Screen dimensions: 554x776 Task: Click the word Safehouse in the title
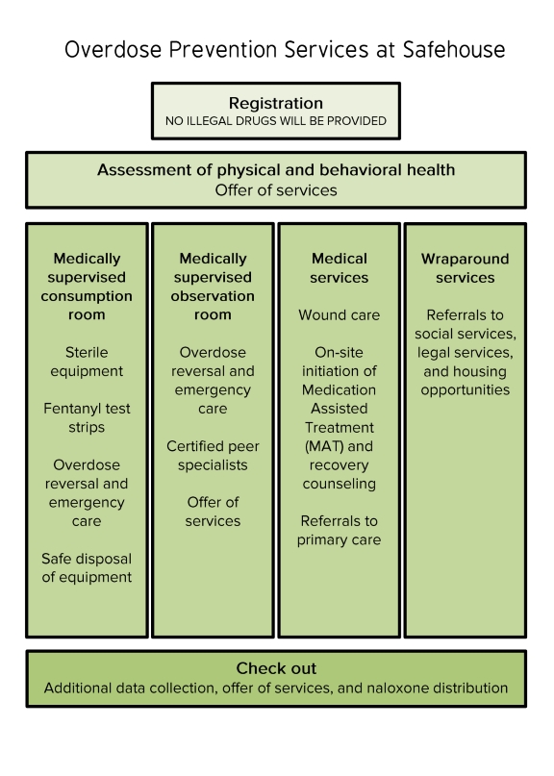coord(454,49)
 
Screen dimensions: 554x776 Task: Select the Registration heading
coord(276,103)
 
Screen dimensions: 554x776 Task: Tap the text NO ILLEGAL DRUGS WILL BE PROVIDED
coord(276,121)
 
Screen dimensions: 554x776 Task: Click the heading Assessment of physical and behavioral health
coord(276,170)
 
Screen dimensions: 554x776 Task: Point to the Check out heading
coord(276,668)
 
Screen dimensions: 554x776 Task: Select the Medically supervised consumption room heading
coord(87,287)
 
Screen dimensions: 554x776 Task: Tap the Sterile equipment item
coord(87,362)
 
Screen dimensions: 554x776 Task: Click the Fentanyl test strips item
coord(87,417)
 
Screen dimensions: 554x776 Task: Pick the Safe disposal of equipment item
coord(87,567)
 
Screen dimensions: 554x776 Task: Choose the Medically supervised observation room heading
coord(213,287)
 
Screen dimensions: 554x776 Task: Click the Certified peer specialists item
coord(213,455)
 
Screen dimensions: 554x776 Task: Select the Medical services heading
coord(340,267)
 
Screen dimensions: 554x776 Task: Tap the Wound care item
coord(340,315)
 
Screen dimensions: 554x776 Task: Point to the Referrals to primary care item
coord(340,530)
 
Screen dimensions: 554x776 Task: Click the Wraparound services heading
coord(466,267)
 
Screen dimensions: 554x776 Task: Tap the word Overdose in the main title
coord(113,49)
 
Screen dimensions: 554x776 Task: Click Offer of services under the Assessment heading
coord(276,190)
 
